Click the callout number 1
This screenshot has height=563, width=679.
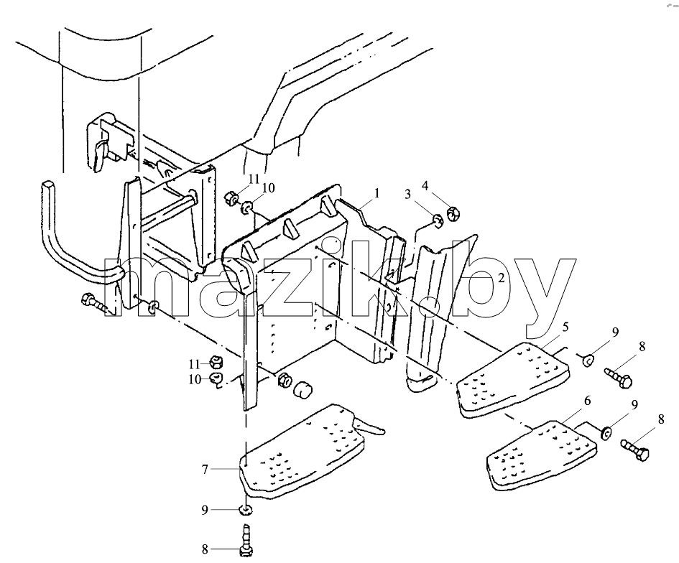pyautogui.click(x=377, y=192)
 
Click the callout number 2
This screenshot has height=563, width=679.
pyautogui.click(x=501, y=277)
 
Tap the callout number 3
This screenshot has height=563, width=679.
pyautogui.click(x=407, y=195)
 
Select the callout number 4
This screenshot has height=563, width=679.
pyautogui.click(x=425, y=186)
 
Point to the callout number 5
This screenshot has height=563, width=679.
pyautogui.click(x=565, y=326)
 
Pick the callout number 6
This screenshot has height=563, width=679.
pyautogui.click(x=587, y=401)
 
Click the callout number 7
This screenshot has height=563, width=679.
pyautogui.click(x=205, y=469)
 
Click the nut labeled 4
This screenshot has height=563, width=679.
pyautogui.click(x=453, y=213)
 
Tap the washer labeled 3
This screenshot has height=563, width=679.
pyautogui.click(x=438, y=220)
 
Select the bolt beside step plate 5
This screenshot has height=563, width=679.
pyautogui.click(x=619, y=376)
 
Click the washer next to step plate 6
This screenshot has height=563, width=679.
pyautogui.click(x=606, y=432)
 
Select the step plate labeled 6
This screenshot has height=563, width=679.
pyautogui.click(x=541, y=454)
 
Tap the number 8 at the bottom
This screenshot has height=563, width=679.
pyautogui.click(x=205, y=549)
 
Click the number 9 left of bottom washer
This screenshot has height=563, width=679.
pyautogui.click(x=205, y=510)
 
